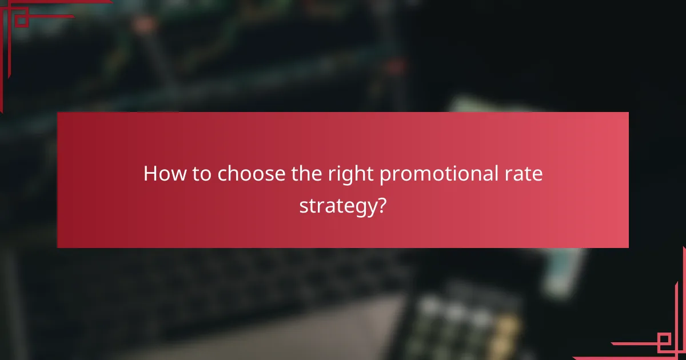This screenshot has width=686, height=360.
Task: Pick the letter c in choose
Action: point(222,174)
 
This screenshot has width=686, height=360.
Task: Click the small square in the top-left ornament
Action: point(21,21)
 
